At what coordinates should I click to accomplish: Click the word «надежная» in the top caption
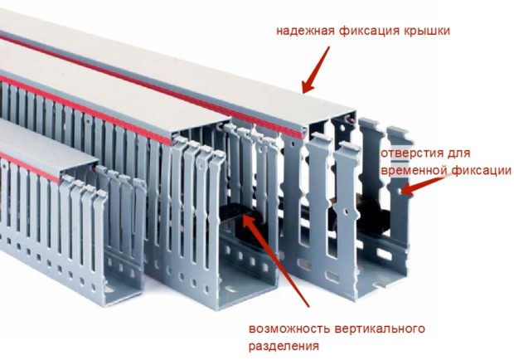click(306, 31)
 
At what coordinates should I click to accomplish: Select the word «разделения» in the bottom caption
click(284, 346)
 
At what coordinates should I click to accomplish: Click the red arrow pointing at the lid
click(316, 70)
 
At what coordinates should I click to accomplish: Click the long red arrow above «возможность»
click(275, 260)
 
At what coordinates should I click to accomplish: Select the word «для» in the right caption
click(458, 153)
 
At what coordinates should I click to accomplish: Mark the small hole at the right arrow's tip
click(399, 190)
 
